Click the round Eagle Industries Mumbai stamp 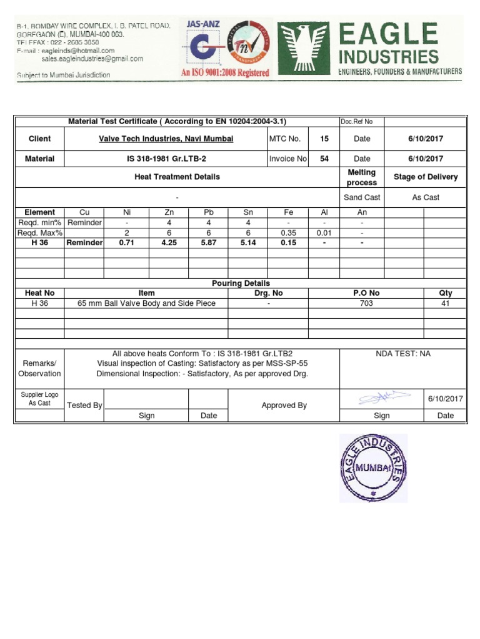coord(373,468)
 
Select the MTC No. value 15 coord(324,139)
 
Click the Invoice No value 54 coord(324,159)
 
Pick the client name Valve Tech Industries coord(166,139)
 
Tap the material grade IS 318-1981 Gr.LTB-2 coord(166,159)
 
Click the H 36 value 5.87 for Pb coord(209,243)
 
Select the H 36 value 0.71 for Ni coord(127,243)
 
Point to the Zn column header coord(168,212)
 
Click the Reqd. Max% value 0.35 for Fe coord(288,233)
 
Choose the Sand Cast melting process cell coord(362,197)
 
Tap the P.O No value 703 coord(366,303)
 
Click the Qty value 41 coord(446,303)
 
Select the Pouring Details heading coord(241,283)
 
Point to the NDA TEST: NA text coord(403,353)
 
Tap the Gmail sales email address coord(92,59)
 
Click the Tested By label coord(84,405)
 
